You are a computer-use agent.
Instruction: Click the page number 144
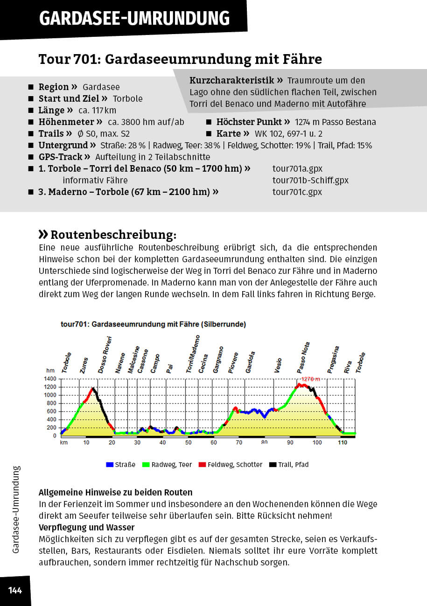coord(15,591)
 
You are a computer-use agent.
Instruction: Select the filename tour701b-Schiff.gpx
coord(310,180)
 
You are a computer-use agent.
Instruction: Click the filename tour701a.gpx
coord(297,168)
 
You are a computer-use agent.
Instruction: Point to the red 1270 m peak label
coord(310,379)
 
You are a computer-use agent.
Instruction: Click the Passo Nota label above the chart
coord(304,356)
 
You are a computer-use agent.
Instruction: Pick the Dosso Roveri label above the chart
coord(105,355)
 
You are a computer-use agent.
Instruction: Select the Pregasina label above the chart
coord(333,360)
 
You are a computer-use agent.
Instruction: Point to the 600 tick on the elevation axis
coord(51,411)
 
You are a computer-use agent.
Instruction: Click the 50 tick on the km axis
coord(188,442)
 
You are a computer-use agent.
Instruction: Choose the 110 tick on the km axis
coord(343,442)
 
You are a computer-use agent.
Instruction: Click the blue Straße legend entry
coord(121,465)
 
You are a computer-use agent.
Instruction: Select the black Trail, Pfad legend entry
coord(289,465)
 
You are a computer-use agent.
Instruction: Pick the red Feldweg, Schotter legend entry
coord(230,465)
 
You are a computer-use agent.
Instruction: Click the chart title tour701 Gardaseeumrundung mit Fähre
coord(153,324)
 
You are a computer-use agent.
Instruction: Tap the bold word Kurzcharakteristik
coord(236,80)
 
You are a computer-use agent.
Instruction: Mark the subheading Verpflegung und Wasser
coord(86,528)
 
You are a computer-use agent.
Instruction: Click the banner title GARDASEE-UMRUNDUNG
coord(134,18)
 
